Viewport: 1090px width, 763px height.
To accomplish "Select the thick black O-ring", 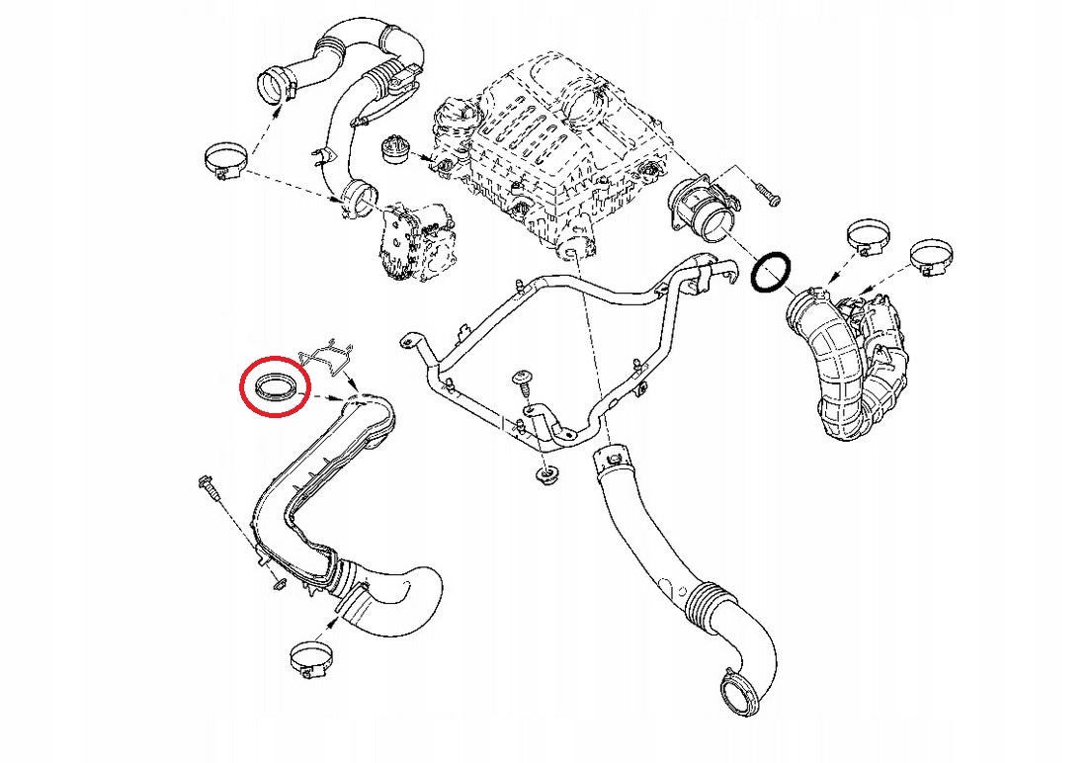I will pos(770,272).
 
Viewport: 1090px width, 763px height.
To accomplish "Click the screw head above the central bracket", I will pos(522,379).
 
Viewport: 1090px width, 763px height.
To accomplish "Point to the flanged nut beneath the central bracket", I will pos(545,476).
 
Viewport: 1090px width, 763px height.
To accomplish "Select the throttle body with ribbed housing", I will pos(414,240).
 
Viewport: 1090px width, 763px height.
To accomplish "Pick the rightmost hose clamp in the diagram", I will pos(930,254).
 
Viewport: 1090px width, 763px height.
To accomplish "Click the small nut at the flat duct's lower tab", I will pos(278,579).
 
